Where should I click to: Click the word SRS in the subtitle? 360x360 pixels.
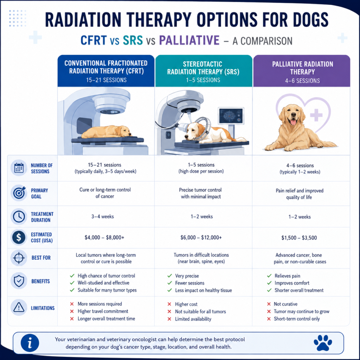point(133,40)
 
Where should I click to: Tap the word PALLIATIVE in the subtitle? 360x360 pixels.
point(189,40)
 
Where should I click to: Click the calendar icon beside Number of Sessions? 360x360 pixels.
point(19,168)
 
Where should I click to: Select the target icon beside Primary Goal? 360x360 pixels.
point(19,193)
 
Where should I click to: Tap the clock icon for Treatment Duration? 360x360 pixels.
point(19,217)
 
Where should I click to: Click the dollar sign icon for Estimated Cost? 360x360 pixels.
point(19,237)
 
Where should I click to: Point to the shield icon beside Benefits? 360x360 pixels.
point(19,281)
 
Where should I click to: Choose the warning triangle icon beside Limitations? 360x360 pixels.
point(19,307)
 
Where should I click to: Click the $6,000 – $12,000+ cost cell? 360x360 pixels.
point(201,237)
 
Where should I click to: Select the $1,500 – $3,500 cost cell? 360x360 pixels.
point(299,238)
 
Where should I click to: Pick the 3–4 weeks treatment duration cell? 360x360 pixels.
point(103,217)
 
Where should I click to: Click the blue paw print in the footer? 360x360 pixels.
point(323,343)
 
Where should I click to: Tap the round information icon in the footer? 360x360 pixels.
point(30,343)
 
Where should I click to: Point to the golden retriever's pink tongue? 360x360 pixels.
point(293,122)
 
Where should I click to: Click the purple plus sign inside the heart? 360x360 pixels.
point(316,115)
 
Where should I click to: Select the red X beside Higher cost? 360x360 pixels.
point(169,304)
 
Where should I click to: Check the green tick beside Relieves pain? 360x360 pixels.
point(269,276)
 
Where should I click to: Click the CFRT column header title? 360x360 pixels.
point(106,67)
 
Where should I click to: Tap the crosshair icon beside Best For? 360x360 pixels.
point(19,258)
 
